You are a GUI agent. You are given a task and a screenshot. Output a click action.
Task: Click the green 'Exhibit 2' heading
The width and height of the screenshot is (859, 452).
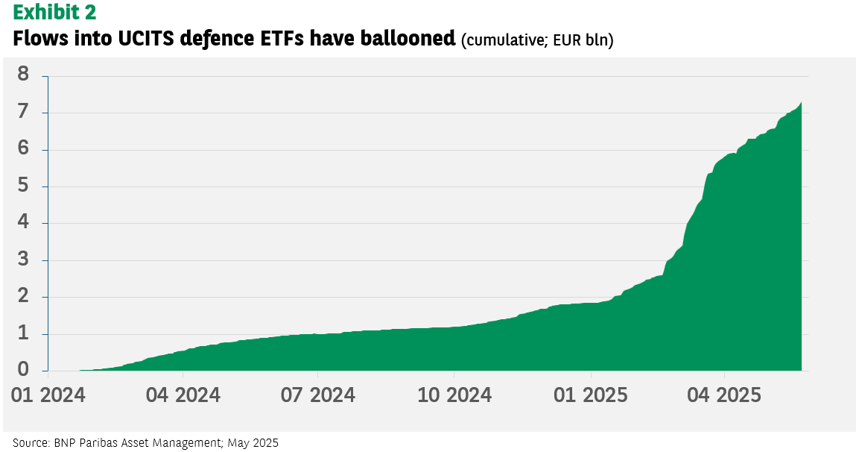(x=54, y=13)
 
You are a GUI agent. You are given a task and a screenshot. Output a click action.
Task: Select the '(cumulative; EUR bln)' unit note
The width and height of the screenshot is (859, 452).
(x=537, y=40)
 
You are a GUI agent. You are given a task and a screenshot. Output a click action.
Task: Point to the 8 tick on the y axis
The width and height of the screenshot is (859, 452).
(x=23, y=74)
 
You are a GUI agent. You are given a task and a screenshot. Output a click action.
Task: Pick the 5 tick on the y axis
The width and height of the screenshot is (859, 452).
(x=23, y=185)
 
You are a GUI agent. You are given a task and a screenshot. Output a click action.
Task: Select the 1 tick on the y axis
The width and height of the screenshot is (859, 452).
(x=23, y=333)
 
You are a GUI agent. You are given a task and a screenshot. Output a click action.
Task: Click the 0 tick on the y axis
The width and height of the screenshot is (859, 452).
(x=23, y=369)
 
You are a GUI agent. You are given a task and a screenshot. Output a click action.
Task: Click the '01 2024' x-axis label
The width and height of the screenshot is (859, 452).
(x=48, y=395)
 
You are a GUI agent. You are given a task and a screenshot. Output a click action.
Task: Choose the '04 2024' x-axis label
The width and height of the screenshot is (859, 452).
(x=183, y=395)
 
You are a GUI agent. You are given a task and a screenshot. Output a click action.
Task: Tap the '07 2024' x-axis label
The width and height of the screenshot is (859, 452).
(x=318, y=395)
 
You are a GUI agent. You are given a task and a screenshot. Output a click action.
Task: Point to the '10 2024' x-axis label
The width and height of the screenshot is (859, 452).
(x=454, y=395)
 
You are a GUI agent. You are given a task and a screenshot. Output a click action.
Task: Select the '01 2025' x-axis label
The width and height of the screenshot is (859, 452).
(x=591, y=395)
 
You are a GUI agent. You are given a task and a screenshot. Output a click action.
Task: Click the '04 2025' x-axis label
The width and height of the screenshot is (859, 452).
(x=724, y=395)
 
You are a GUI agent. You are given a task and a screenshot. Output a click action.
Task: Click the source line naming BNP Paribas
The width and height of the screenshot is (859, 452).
(x=146, y=442)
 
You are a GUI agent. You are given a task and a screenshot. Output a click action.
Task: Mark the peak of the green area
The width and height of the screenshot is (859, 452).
(x=802, y=102)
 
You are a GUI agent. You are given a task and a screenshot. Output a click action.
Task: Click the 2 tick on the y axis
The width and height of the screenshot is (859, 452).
(x=23, y=295)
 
